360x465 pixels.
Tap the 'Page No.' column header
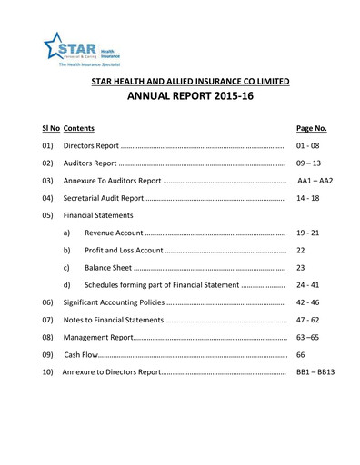click(312, 130)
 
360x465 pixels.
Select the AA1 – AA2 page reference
click(315, 181)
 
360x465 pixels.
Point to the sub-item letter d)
click(67, 285)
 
